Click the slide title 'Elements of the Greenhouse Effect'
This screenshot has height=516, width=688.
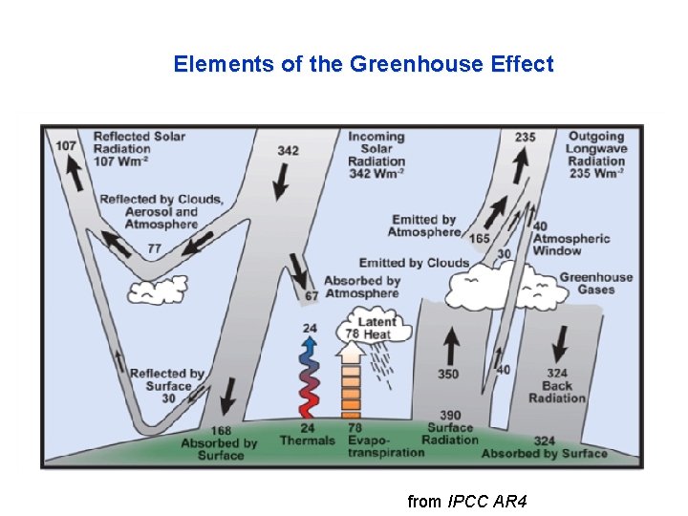(x=363, y=64)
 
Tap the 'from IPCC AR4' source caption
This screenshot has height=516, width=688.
(x=467, y=501)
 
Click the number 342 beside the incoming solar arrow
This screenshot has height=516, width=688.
(x=288, y=150)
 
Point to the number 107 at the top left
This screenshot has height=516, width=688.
(x=66, y=145)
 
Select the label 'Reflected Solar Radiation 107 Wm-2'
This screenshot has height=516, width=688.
(x=140, y=148)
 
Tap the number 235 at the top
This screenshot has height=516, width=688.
(x=525, y=137)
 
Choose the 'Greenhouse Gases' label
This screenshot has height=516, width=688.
(x=595, y=283)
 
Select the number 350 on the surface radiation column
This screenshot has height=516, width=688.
(x=448, y=375)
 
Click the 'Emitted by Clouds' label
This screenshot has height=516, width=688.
(x=414, y=263)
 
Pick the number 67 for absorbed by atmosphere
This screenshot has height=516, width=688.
(x=312, y=296)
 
